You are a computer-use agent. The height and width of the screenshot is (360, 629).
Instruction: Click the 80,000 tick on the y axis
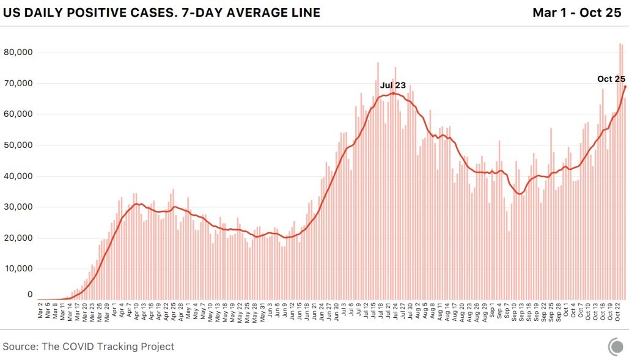tap(18, 53)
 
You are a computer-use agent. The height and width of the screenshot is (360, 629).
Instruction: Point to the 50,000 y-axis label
tap(18, 145)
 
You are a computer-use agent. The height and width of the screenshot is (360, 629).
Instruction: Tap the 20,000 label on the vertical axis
tap(18, 238)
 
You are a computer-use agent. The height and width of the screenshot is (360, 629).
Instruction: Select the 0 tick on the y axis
tap(29, 295)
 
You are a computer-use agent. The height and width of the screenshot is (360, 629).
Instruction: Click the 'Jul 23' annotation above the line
tap(392, 86)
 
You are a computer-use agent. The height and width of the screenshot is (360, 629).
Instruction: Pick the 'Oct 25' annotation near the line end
tap(611, 79)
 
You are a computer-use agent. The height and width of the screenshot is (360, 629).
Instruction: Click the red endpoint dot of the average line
tap(625, 86)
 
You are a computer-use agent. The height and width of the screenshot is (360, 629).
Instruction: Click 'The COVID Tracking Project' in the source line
tap(108, 347)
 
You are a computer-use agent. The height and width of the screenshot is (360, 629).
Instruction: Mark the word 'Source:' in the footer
tap(20, 347)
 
